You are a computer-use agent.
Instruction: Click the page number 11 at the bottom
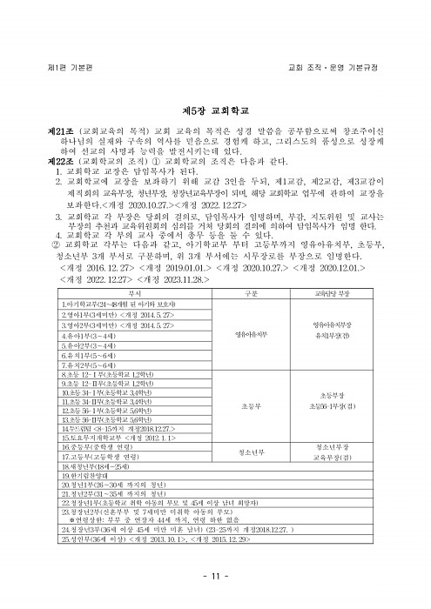215,577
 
